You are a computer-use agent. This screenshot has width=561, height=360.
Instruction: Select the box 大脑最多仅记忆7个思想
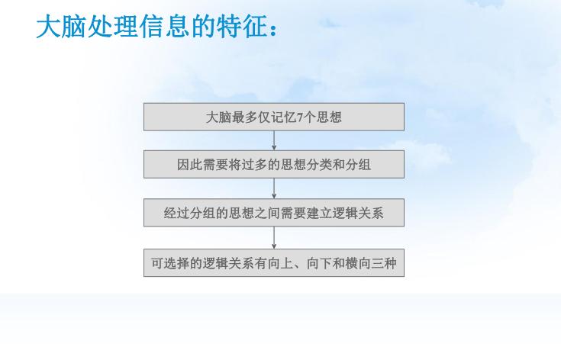point(274,117)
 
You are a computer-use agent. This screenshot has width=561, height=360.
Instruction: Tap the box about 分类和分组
point(274,165)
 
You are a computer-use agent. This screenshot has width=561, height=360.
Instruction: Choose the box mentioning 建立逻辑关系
point(274,213)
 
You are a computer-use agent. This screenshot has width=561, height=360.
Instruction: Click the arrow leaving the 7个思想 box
point(274,141)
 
